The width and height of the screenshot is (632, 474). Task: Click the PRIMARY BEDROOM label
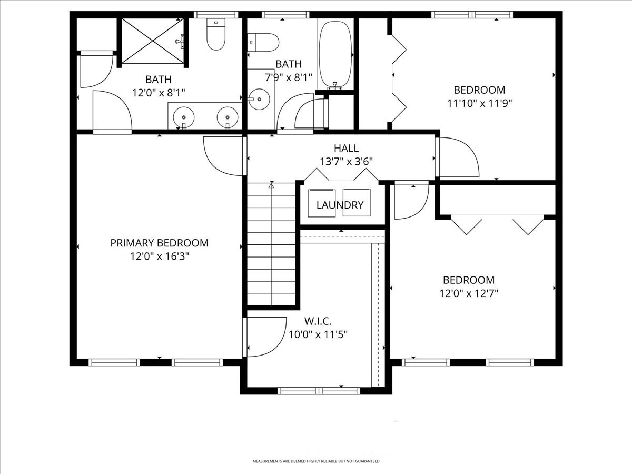coord(159,243)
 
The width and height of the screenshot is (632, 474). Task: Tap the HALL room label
coord(346,149)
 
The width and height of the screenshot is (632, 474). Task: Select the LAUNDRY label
coord(340,205)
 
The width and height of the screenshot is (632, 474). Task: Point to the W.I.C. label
coord(318,321)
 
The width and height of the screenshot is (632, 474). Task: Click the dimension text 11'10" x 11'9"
coord(479,104)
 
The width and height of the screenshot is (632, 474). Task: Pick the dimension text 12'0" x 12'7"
coord(469,294)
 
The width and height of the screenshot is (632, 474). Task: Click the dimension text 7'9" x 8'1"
coord(288,76)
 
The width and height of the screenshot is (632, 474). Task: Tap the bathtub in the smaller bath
coord(335,53)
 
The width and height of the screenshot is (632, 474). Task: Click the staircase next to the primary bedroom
coord(271,245)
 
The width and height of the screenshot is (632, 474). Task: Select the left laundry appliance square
coord(321,202)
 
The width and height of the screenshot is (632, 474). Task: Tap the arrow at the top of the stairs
coord(271,184)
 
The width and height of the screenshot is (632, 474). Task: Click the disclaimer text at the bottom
coord(316,461)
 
